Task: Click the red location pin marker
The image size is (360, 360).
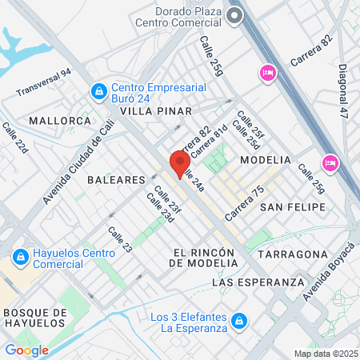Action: pyautogui.click(x=177, y=163)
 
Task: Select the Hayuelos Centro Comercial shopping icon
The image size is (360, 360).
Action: pyautogui.click(x=20, y=258)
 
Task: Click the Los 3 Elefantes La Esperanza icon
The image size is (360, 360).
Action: pyautogui.click(x=238, y=322)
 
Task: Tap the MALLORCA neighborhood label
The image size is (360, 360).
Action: pyautogui.click(x=60, y=121)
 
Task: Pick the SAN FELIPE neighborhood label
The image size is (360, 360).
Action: pyautogui.click(x=294, y=207)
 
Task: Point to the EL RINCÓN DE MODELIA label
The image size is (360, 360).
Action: pyautogui.click(x=205, y=258)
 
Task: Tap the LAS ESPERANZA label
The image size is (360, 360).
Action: pyautogui.click(x=258, y=282)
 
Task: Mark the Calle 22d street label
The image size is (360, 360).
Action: pyautogui.click(x=14, y=138)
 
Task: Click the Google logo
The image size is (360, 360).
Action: pyautogui.click(x=26, y=350)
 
